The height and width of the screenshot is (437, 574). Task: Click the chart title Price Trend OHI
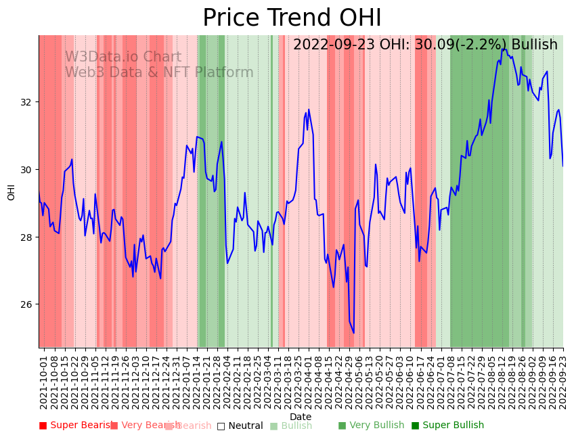point(292,18)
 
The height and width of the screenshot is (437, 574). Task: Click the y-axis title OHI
point(12,191)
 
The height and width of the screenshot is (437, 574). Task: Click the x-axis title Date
point(301,417)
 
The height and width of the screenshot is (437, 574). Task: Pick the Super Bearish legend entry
point(76,425)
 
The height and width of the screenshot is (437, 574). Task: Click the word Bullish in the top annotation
point(534,45)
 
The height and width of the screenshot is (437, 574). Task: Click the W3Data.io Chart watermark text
point(123,57)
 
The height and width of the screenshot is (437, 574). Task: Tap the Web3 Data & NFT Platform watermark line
point(159,73)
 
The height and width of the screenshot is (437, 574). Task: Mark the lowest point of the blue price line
point(353,333)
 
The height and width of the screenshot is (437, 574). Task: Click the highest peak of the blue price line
point(503,49)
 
